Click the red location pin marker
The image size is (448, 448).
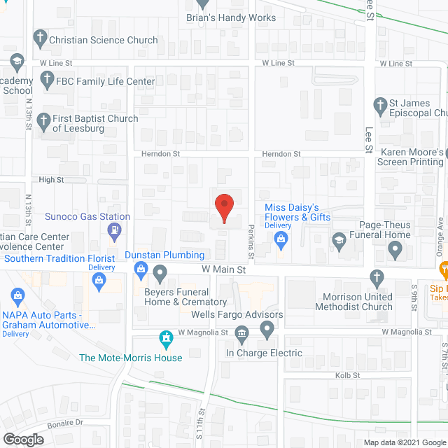click(x=223, y=208)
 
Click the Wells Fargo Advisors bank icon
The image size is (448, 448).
click(x=242, y=332)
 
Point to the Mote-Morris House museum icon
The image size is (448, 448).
click(x=167, y=340)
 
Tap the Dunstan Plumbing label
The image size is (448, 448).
click(x=164, y=255)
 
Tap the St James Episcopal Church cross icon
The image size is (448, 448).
click(x=381, y=106)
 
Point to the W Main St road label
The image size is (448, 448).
click(x=224, y=269)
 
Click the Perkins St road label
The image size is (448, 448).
click(x=251, y=239)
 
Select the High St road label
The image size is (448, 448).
click(x=51, y=180)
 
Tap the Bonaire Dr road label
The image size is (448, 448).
click(x=65, y=423)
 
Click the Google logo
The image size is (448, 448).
click(x=22, y=439)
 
